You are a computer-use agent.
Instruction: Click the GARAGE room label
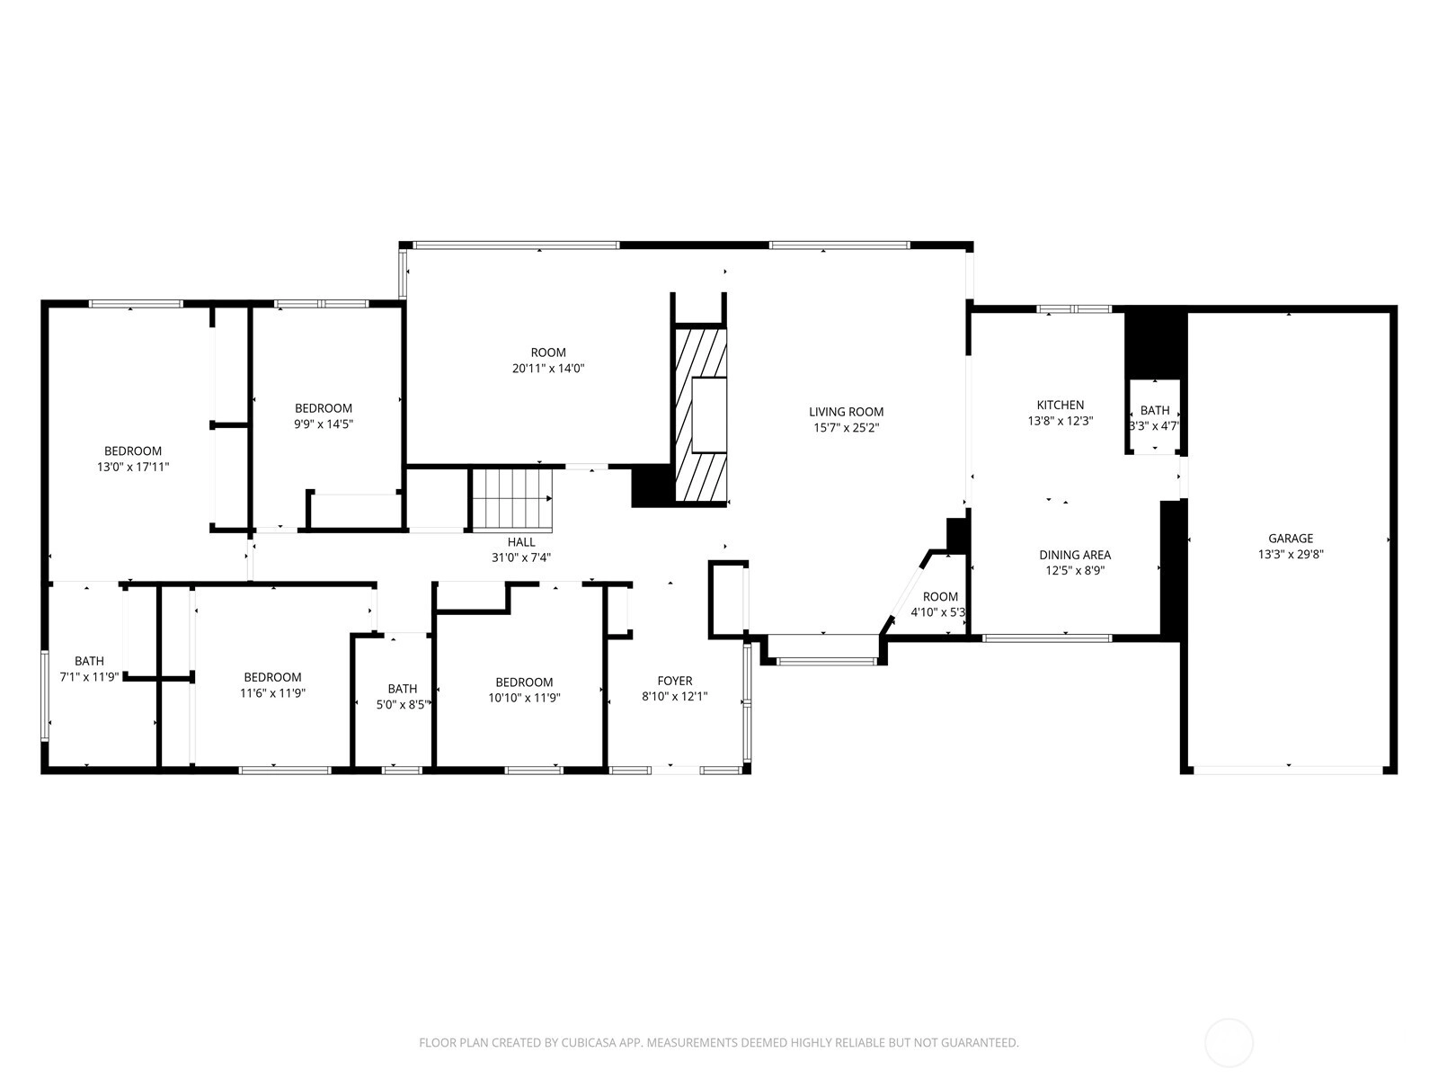point(1290,539)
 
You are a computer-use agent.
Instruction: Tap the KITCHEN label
point(1060,405)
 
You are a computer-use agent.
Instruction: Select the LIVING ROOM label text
point(846,412)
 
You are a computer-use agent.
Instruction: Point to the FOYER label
point(674,681)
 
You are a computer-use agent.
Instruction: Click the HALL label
point(520,542)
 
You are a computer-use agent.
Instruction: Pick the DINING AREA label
point(1074,555)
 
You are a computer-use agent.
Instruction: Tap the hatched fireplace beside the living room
point(700,415)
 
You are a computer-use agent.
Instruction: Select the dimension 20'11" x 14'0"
point(547,368)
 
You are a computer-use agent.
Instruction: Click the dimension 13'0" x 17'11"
point(132,467)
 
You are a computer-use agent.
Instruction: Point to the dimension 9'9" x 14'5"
point(323,424)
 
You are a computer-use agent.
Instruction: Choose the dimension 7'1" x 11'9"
point(89,677)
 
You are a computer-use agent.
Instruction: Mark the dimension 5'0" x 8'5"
point(403,705)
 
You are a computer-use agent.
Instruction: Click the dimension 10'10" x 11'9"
point(524,698)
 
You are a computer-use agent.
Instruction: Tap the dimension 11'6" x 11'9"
point(272,693)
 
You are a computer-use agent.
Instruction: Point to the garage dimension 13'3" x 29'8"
point(1291,554)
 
